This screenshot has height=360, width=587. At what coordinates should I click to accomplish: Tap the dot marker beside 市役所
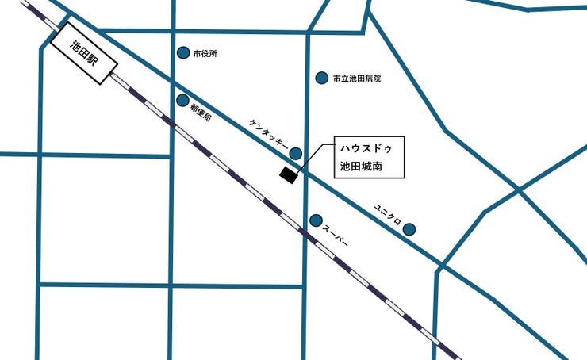click(183, 53)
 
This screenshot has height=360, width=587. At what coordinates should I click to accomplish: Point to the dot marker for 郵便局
click(183, 101)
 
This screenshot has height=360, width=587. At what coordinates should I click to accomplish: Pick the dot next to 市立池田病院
click(322, 78)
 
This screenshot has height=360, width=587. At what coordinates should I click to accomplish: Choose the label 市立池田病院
click(357, 79)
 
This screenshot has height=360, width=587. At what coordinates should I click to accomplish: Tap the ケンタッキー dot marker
click(296, 153)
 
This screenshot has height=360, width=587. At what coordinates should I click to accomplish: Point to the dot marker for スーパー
click(316, 220)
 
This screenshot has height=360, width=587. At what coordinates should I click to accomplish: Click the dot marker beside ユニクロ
click(409, 229)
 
